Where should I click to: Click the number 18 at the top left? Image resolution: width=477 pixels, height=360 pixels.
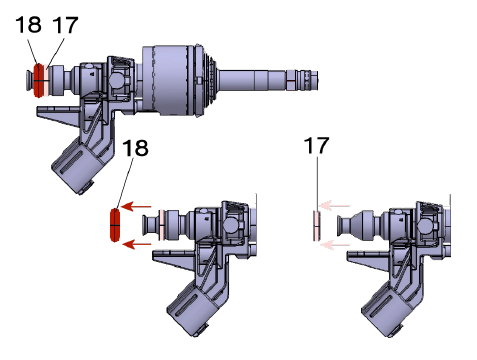pos(28,24)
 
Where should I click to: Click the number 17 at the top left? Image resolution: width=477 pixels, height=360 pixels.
pos(65,25)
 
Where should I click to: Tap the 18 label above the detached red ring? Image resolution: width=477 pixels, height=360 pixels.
pos(135,148)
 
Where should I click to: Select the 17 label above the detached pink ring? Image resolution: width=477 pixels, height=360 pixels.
pos(317,146)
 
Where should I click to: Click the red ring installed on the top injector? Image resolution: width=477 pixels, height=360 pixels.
pos(39,80)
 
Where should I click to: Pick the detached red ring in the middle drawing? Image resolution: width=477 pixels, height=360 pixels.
pos(114,225)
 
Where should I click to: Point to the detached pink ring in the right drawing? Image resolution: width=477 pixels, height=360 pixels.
pos(317,226)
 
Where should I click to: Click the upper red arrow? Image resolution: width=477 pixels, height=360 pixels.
pos(136,206)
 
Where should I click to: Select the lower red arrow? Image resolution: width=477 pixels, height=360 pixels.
pos(137,244)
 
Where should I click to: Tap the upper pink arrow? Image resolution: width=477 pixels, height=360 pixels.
pos(334,206)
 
